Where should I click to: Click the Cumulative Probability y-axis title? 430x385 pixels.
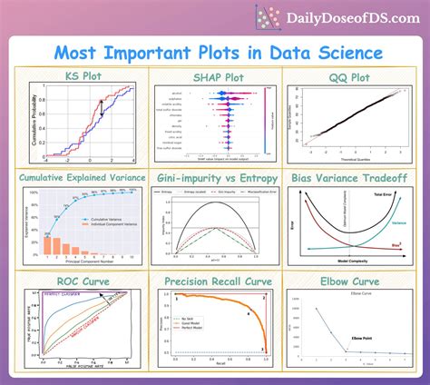coord(32,114)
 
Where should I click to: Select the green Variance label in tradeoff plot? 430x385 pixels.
coord(396,221)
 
